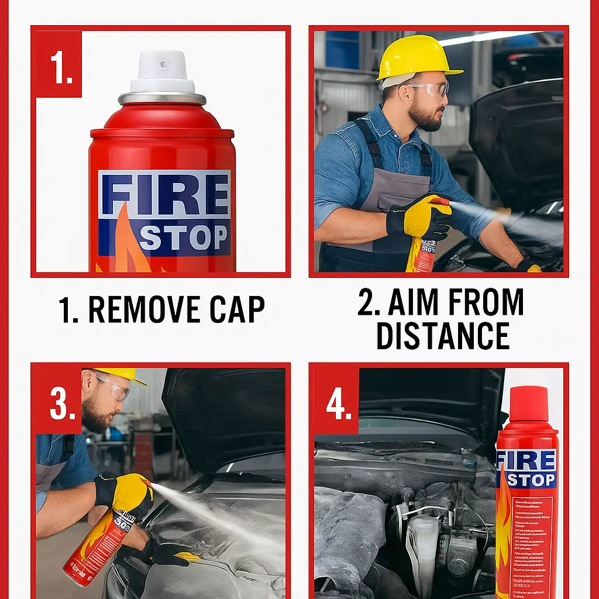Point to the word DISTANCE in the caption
[442, 335]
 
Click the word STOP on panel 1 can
[183, 237]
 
